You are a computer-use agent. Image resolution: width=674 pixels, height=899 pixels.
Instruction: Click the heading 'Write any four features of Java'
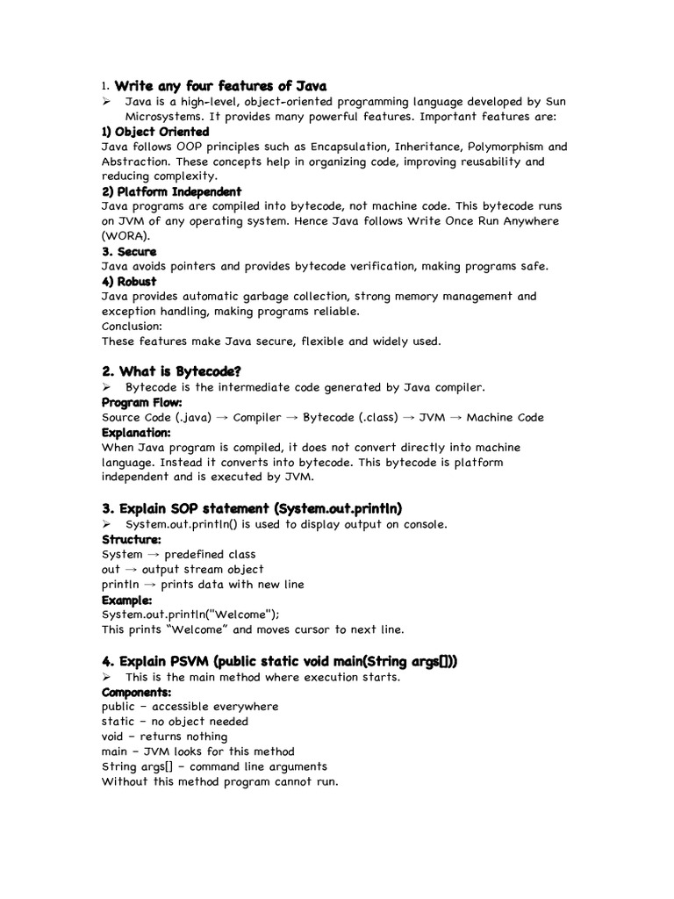220,86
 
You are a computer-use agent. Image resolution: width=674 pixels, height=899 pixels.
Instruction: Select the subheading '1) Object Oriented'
155,132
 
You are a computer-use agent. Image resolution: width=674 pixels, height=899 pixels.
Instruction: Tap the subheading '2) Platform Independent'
171,191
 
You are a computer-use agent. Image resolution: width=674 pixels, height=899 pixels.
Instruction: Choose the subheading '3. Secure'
129,251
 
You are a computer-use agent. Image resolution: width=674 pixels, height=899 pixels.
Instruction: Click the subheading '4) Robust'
129,281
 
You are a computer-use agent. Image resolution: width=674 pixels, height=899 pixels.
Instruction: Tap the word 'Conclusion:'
133,326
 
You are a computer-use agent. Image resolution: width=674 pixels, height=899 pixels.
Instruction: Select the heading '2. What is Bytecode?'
171,371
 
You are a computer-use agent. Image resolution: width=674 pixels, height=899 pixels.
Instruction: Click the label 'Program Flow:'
142,402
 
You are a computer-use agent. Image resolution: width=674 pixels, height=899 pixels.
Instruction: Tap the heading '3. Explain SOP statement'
252,508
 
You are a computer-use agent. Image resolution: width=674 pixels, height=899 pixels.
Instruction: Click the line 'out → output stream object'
183,569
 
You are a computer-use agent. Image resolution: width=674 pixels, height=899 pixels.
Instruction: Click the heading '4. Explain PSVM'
279,661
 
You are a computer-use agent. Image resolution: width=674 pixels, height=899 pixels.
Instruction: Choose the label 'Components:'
136,692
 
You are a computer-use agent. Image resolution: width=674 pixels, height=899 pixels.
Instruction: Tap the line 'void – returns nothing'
164,737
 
